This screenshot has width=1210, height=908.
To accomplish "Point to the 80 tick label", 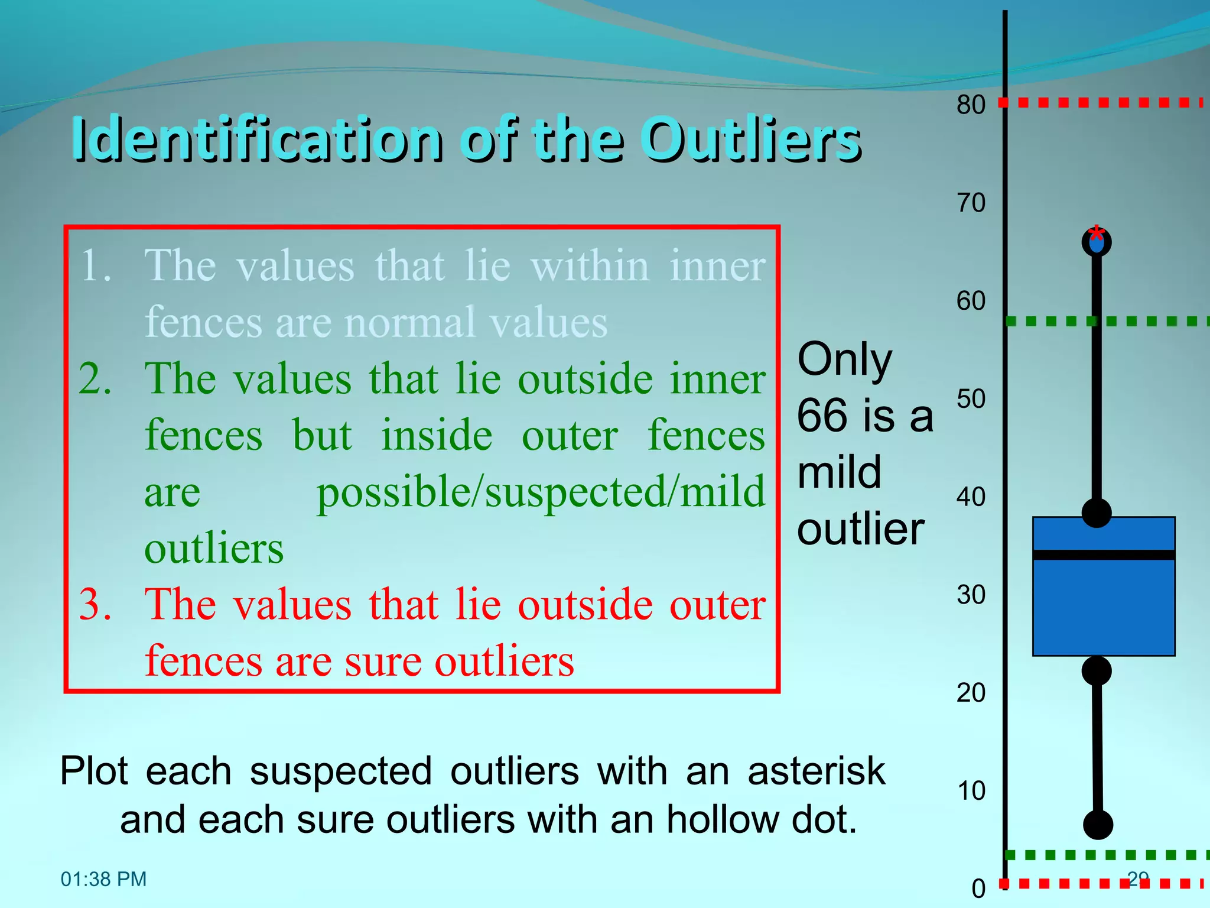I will [x=971, y=105].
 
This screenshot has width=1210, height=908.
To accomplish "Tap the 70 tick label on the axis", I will [x=971, y=203].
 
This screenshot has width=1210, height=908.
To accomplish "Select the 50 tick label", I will [x=971, y=399].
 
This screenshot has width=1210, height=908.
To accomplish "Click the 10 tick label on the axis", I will [x=971, y=791].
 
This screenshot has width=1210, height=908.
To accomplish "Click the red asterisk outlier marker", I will [x=1097, y=232].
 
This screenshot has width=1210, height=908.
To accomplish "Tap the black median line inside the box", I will [x=1104, y=554].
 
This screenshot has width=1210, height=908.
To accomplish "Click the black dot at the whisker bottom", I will [x=1098, y=824].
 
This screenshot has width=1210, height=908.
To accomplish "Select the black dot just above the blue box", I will [x=1097, y=512].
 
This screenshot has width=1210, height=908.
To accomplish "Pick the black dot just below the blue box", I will [x=1097, y=670].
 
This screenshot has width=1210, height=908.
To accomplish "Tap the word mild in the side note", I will [x=839, y=472].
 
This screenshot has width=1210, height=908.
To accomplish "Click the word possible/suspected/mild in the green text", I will [x=541, y=492].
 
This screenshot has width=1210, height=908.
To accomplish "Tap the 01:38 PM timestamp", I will [x=103, y=879].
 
